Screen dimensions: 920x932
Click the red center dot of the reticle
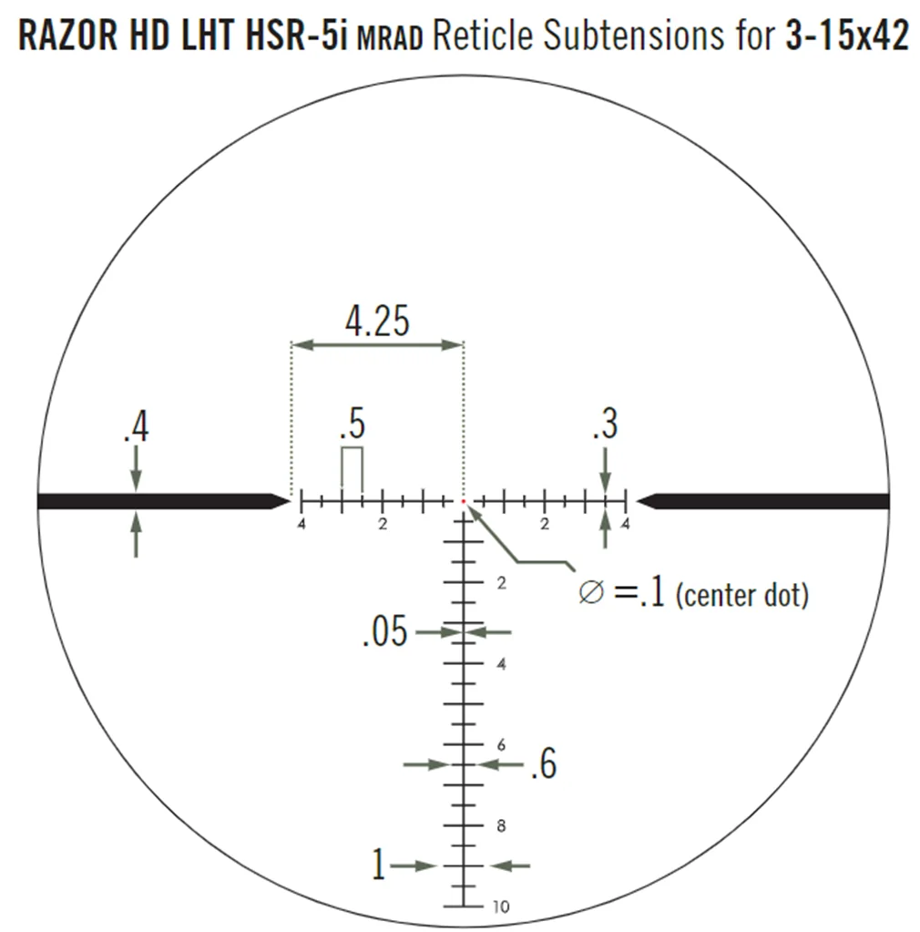(x=463, y=502)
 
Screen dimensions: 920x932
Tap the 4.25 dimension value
(x=377, y=321)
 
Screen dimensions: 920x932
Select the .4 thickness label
(x=137, y=426)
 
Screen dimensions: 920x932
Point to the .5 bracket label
(x=353, y=424)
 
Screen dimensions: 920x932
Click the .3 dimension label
(x=605, y=424)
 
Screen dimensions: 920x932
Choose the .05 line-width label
(x=385, y=631)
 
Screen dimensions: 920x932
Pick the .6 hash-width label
(x=544, y=763)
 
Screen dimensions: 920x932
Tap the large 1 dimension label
(x=378, y=864)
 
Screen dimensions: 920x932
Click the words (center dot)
(x=742, y=595)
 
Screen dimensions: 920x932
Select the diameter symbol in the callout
(x=591, y=592)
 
